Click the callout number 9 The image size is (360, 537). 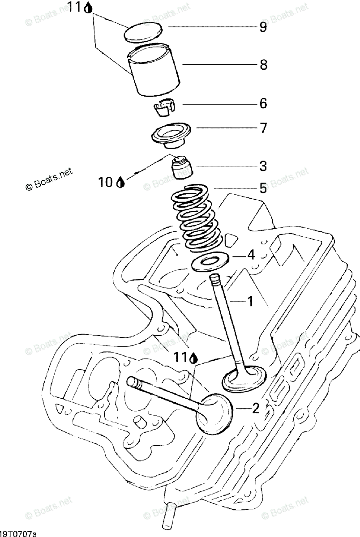tap(263, 28)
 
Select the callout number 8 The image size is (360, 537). tap(263, 65)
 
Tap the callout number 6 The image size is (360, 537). tap(263, 104)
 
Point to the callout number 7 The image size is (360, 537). tap(263, 129)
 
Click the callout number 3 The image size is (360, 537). tap(263, 166)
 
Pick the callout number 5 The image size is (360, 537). tap(263, 188)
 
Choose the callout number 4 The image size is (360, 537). tap(251, 256)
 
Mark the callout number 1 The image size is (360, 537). tap(250, 302)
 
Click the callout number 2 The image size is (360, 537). tap(255, 408)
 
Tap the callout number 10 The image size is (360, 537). tap(106, 182)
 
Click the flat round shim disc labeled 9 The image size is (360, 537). tap(142, 33)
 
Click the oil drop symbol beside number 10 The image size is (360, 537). tap(120, 182)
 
